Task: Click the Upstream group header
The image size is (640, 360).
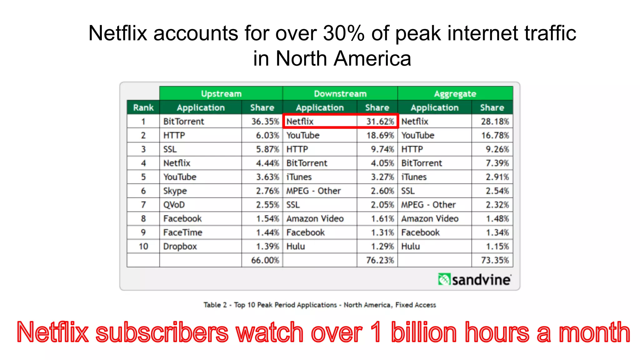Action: click(221, 93)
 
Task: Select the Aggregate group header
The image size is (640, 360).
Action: click(455, 93)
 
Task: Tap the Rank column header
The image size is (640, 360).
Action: click(143, 107)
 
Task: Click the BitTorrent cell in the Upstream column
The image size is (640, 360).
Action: click(183, 121)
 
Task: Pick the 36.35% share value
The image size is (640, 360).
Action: click(265, 121)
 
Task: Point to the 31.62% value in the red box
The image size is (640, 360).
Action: click(380, 121)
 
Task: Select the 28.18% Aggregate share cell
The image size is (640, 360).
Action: click(495, 121)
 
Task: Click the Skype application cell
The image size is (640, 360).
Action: click(175, 191)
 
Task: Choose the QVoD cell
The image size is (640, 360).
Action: click(174, 205)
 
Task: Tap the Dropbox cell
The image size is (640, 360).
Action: click(180, 246)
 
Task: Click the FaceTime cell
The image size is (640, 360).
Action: click(183, 232)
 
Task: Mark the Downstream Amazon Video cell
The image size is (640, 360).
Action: click(315, 218)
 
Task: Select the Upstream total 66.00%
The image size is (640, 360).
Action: click(265, 260)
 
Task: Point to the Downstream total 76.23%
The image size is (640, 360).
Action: click(380, 260)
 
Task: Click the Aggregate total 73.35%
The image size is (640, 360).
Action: click(495, 260)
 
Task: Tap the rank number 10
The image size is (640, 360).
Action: click(143, 246)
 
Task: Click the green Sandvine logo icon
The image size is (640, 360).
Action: click(444, 279)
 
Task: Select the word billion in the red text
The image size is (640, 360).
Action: click(424, 332)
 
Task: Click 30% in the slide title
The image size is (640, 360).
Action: click(343, 33)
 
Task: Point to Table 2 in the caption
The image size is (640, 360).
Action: click(215, 305)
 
